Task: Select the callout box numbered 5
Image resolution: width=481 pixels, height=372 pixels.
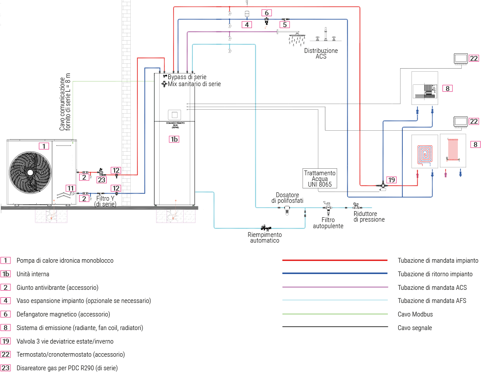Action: [x=285, y=25]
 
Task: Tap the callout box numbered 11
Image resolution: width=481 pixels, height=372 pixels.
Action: [x=70, y=188]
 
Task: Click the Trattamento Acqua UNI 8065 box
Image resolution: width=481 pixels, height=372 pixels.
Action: [x=320, y=179]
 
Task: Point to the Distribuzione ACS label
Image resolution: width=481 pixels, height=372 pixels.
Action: [x=321, y=54]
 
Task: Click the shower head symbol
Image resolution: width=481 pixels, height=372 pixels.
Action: [x=296, y=38]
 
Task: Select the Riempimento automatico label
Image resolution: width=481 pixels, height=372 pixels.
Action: [x=264, y=237]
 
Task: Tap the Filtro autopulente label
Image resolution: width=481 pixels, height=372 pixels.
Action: [x=328, y=223]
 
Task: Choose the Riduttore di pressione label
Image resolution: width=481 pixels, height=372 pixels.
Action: [x=369, y=217]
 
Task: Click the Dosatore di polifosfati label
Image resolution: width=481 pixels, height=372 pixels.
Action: [x=287, y=198]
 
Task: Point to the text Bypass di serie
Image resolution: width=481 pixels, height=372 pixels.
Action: [x=187, y=77]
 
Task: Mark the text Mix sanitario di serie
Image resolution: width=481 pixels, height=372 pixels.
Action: [x=194, y=84]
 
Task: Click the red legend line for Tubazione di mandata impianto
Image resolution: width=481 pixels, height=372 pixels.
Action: [x=335, y=260]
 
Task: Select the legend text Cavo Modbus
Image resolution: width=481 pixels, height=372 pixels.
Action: [x=412, y=314]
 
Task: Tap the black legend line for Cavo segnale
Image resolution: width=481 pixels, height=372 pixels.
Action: [x=335, y=327]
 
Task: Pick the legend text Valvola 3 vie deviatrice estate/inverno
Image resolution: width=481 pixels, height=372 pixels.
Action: [x=65, y=341]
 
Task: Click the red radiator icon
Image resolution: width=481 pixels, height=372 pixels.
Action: [x=452, y=149]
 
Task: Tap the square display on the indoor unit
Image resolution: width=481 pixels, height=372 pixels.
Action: [x=174, y=115]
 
